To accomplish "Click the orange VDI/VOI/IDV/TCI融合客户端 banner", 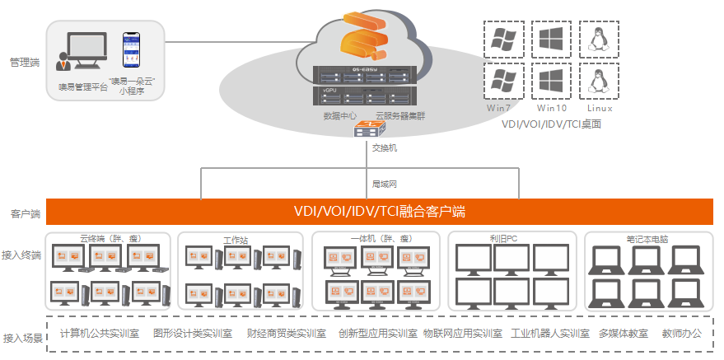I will click(x=380, y=212).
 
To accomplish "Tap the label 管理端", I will click(x=24, y=62).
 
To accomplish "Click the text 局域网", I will click(x=385, y=185).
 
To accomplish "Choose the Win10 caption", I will click(x=551, y=108).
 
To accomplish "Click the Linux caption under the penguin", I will click(x=600, y=108).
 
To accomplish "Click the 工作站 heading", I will click(x=236, y=241).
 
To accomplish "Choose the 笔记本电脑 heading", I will click(x=647, y=239).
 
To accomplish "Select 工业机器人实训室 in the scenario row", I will click(x=550, y=334).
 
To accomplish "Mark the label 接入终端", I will click(x=21, y=255).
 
